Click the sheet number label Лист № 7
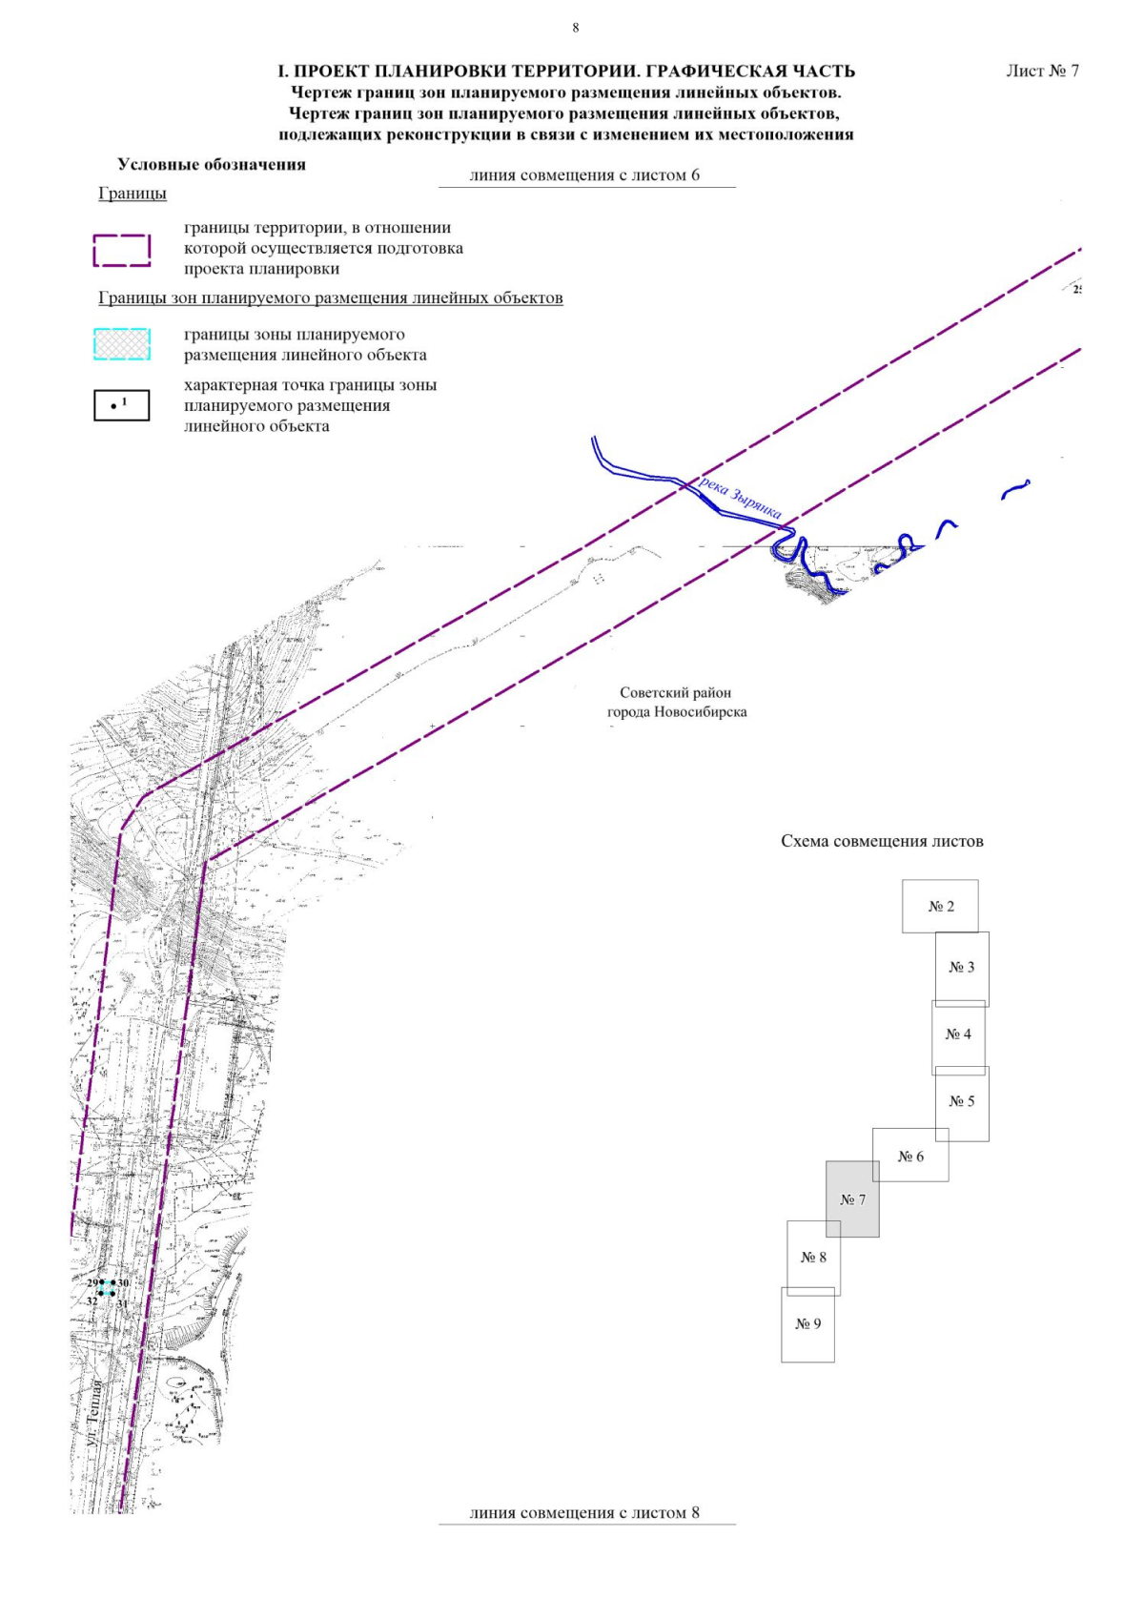(1042, 71)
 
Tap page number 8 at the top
(575, 28)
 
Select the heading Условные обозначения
(212, 164)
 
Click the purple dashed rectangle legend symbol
(122, 250)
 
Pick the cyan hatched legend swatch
(122, 344)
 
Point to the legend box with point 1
(122, 405)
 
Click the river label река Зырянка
(741, 498)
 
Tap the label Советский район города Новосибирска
(677, 703)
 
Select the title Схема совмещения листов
(882, 841)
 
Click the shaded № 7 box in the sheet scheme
(853, 1199)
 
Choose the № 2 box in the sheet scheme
(940, 906)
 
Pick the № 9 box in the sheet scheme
(807, 1323)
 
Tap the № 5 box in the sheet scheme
(962, 1101)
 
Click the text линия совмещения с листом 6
(584, 175)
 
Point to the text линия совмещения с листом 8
(584, 1512)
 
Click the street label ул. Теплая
(93, 1415)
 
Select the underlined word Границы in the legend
(133, 194)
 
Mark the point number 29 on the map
(92, 1283)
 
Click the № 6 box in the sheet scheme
(910, 1157)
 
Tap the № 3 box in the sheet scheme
(962, 967)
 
